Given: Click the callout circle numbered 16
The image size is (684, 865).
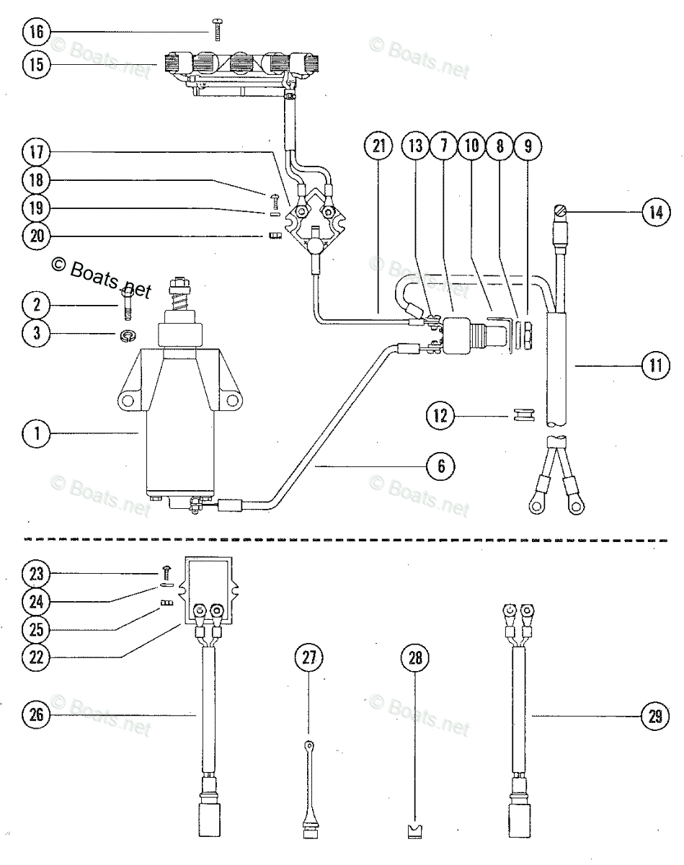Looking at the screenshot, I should click(37, 32).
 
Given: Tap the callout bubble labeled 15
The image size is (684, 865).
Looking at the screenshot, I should click(37, 64).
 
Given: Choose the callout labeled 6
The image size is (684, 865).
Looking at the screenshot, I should click(441, 466).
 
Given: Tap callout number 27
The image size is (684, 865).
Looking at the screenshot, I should click(308, 657).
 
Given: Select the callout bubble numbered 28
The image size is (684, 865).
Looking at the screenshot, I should click(417, 657).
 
